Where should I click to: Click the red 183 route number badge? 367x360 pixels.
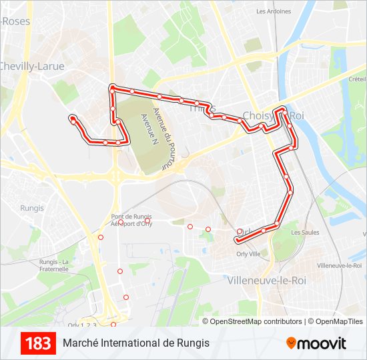(x=39, y=343)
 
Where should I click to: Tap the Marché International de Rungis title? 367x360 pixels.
(x=136, y=343)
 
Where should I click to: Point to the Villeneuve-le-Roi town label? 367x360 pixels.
(x=267, y=281)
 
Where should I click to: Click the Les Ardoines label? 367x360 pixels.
(x=274, y=11)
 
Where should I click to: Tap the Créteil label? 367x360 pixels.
(x=357, y=79)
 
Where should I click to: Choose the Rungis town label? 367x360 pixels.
(x=32, y=208)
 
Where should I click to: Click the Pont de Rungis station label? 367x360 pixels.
(x=131, y=217)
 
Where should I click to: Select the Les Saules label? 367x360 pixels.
(x=305, y=233)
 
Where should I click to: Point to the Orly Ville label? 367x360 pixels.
(x=248, y=254)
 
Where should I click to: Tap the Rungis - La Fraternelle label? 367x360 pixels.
(x=54, y=265)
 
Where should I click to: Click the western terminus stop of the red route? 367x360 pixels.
(x=72, y=119)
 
